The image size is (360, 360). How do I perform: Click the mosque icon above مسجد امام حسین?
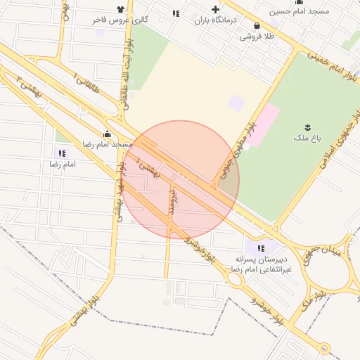tap(300, 3)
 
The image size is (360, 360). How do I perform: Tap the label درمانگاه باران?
tap(218, 20)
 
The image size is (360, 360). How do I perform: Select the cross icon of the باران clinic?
tap(216, 11)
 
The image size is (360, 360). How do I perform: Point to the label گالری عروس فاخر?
tap(120, 20)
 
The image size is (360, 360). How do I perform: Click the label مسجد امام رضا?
tap(107, 143)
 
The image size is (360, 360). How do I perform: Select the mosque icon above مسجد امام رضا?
tap(107, 134)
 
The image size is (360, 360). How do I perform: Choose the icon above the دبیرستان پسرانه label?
tap(262, 247)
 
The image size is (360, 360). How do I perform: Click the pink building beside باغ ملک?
tap(262, 125)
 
